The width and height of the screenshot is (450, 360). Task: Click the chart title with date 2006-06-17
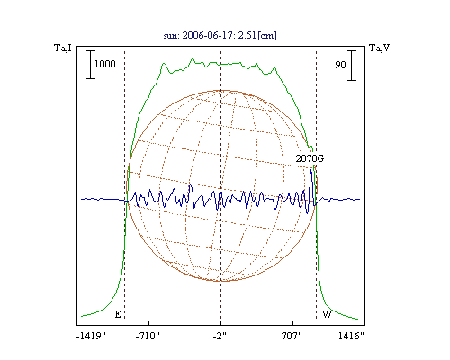pyautogui.click(x=220, y=35)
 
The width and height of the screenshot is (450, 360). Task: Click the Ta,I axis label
pyautogui.click(x=63, y=48)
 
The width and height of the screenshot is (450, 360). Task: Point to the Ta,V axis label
pyautogui.click(x=379, y=48)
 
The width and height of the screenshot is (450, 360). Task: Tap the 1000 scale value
pyautogui.click(x=105, y=64)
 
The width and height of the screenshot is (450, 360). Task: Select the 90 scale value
pyautogui.click(x=340, y=65)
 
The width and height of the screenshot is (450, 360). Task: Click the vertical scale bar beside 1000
pyautogui.click(x=91, y=65)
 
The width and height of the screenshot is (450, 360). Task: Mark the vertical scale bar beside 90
pyautogui.click(x=352, y=66)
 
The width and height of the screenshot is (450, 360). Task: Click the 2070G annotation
pyautogui.click(x=310, y=158)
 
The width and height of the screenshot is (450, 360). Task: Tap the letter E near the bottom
pyautogui.click(x=118, y=314)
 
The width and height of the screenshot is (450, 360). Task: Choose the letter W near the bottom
pyautogui.click(x=327, y=314)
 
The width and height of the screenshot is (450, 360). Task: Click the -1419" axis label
pyautogui.click(x=91, y=336)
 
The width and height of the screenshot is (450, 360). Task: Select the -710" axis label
pyautogui.click(x=148, y=336)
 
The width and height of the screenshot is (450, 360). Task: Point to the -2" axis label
pyautogui.click(x=220, y=336)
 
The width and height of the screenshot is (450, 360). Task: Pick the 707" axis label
pyautogui.click(x=292, y=336)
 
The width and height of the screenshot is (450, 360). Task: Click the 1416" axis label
pyautogui.click(x=351, y=336)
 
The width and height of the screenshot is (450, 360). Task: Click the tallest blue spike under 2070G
pyautogui.click(x=311, y=170)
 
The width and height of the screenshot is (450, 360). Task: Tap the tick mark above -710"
pyautogui.click(x=149, y=323)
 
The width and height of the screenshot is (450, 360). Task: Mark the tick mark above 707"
pyautogui.click(x=292, y=323)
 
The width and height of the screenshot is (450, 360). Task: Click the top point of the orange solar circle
pyautogui.click(x=222, y=90)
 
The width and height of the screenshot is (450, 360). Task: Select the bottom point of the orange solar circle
pyautogui.click(x=222, y=281)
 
